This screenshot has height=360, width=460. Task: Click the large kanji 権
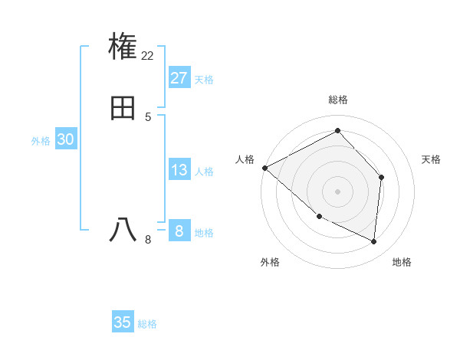coord(123,46)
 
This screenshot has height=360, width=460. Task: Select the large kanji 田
coord(123,108)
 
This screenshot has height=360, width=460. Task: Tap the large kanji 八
coord(123,229)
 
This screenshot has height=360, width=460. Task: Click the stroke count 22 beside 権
coord(148,55)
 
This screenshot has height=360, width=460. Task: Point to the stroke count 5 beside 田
coord(147,117)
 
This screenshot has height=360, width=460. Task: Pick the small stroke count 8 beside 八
coord(148,239)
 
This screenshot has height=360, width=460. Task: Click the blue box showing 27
coord(179,78)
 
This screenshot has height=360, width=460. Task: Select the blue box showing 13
coord(179,170)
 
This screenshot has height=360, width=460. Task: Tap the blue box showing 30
coord(65,139)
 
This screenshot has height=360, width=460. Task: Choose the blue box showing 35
coord(123,322)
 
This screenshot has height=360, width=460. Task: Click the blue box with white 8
coord(179,231)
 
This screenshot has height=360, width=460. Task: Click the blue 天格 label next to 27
coord(204,80)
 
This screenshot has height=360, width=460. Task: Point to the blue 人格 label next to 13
coord(204,172)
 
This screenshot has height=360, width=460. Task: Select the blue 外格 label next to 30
coord(41,141)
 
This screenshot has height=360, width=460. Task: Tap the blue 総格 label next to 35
coord(147,324)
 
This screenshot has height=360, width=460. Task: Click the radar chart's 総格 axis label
coord(338,100)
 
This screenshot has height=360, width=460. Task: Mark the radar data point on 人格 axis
coord(264,167)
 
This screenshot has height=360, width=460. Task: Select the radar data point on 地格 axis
coord(374,241)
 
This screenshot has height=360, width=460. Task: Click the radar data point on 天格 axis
coord(382,177)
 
